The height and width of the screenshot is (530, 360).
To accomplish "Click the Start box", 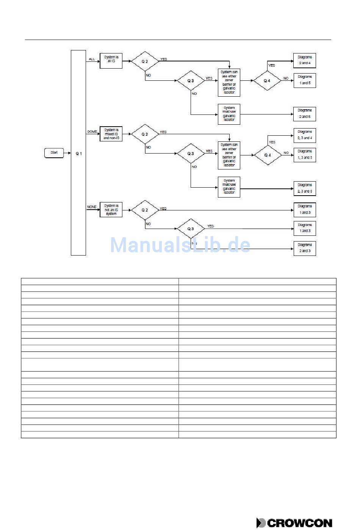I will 54,153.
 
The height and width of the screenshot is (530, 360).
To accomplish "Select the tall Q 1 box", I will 78,153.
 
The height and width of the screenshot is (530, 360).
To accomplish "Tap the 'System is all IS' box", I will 111,61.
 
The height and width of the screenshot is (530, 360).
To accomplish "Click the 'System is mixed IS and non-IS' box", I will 111,134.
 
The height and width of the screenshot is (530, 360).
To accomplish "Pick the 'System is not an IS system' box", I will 111,210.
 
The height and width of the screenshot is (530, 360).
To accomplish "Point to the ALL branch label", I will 92,59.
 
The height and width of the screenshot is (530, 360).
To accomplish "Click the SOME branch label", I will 92,132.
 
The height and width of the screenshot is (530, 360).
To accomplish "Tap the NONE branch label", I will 92,207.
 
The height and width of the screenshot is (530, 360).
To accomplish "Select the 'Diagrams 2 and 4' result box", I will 305,60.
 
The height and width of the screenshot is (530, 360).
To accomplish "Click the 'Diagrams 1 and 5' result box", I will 305,80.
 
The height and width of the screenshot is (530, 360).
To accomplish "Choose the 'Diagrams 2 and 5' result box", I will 305,114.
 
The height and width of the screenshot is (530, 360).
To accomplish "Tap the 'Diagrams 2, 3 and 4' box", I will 305,135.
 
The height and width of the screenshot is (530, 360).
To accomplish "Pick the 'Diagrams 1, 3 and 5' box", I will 305,155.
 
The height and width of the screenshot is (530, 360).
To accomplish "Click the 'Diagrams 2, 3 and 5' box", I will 305,188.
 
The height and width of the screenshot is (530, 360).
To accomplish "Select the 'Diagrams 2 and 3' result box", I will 305,248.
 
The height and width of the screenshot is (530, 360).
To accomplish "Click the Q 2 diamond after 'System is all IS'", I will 145,61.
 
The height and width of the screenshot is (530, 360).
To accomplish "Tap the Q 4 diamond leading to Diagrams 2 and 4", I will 267,81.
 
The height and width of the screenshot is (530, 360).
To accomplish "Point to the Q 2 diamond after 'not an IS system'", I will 145,210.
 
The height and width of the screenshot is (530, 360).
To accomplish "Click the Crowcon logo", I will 294,523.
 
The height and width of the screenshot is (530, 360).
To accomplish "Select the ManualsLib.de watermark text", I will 180,245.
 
